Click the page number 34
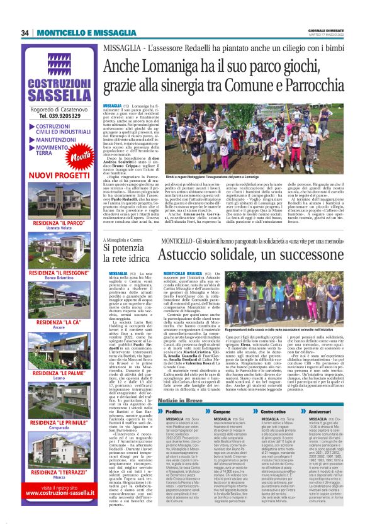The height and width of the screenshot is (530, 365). (25, 33)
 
